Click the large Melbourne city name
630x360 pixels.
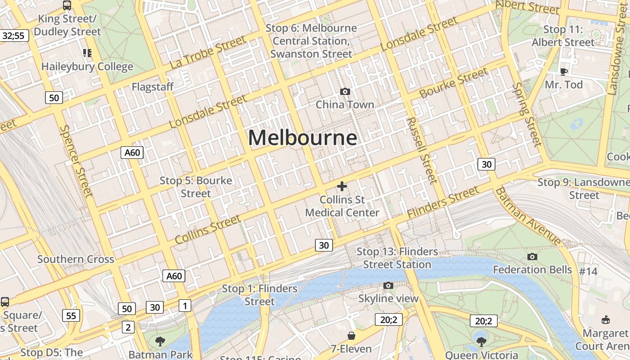[x=303, y=138]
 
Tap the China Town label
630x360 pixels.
[x=345, y=104]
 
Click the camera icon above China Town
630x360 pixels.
[x=345, y=92]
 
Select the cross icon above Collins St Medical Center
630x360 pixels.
[x=342, y=186]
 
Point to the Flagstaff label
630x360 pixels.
[x=153, y=87]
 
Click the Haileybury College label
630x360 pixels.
[x=87, y=67]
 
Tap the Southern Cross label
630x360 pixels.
[x=76, y=259]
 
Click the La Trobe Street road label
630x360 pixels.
[x=208, y=53]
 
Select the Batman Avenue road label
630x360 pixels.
[x=528, y=216]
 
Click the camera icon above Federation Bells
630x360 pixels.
[x=532, y=257]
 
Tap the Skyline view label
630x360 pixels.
[x=388, y=298]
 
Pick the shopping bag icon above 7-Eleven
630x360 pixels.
[x=351, y=336]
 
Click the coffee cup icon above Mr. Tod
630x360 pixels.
[x=563, y=71]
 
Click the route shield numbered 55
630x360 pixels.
[x=72, y=315]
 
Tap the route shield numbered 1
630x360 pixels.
[x=184, y=306]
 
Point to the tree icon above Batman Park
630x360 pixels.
[x=160, y=342]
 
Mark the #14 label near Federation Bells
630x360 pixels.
[x=588, y=271]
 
